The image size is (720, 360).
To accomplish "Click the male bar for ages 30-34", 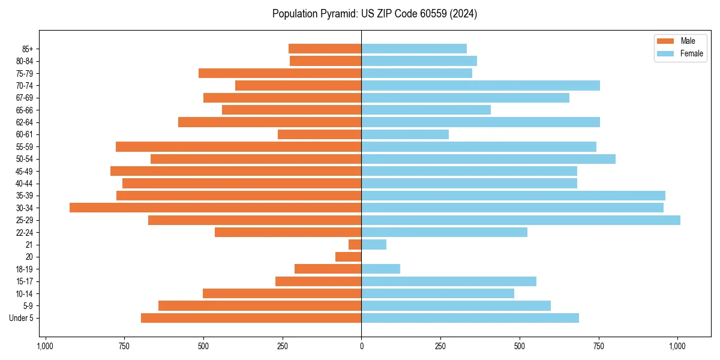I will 215,208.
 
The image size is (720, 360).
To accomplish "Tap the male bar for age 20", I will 349,257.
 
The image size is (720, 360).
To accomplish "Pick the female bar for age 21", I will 374,245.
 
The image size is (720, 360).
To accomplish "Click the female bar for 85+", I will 414,49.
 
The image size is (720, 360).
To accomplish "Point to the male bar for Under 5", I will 251,318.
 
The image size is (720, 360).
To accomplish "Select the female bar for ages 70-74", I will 481,86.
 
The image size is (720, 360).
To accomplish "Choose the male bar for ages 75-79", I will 280,73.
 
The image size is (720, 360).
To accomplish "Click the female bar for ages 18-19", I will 381,269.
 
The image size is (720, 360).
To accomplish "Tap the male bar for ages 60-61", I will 320,134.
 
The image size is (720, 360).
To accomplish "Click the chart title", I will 374,14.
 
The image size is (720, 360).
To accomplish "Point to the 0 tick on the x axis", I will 361,346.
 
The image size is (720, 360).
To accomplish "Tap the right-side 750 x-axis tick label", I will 599,346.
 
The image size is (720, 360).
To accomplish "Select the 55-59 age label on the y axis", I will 25,147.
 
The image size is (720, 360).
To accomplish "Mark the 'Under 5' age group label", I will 22,318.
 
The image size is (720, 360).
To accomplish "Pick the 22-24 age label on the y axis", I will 25,232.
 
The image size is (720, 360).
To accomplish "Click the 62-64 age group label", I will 25,122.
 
